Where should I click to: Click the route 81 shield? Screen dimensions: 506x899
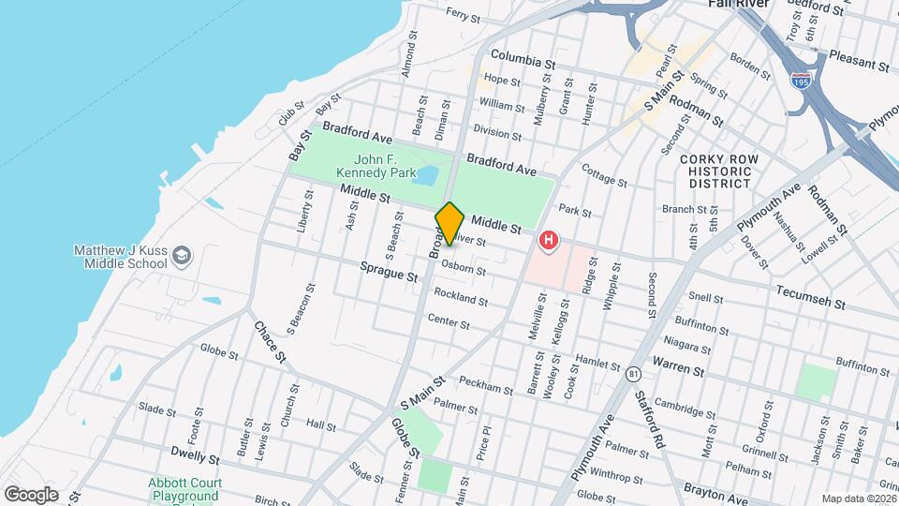[633, 374]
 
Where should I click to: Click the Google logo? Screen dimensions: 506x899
[31, 494]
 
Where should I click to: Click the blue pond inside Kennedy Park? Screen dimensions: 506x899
[426, 175]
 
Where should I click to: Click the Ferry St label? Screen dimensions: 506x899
[463, 14]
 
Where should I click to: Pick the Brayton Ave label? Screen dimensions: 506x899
[717, 489]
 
